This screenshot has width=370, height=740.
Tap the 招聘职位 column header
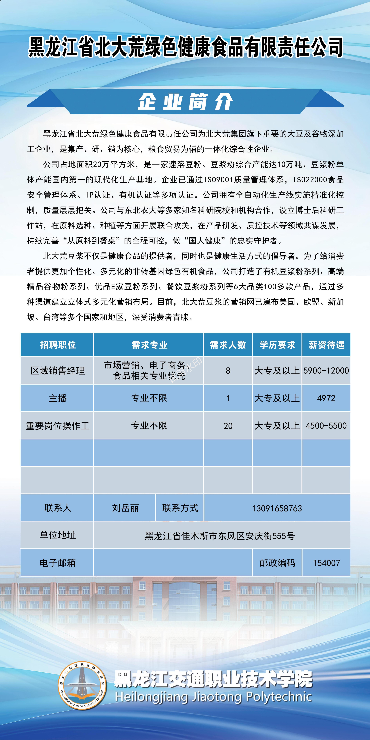[x=58, y=345]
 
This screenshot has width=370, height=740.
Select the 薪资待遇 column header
[x=326, y=345]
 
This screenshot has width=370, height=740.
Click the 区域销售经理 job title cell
[x=58, y=371]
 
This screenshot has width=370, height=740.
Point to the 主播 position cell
[x=58, y=398]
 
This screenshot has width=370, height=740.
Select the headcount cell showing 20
[x=228, y=426]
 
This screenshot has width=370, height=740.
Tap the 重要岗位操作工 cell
[x=58, y=426]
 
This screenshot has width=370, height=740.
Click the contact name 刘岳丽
[x=125, y=508]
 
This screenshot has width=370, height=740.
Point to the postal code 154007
[x=326, y=563]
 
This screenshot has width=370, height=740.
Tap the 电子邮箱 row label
[x=58, y=563]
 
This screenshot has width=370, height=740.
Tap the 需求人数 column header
[x=228, y=345]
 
